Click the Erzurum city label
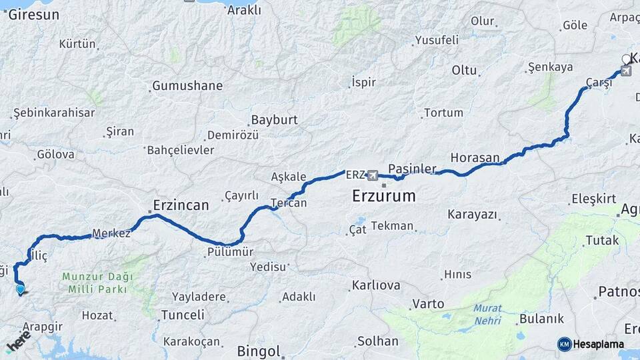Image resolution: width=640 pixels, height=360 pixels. pyautogui.click(x=383, y=197)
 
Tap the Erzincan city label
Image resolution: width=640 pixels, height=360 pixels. pyautogui.click(x=181, y=205)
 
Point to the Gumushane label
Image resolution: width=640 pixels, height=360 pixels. pyautogui.click(x=187, y=86)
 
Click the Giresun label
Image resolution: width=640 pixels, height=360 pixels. pyautogui.click(x=35, y=14)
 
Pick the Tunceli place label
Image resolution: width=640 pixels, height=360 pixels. pyautogui.click(x=183, y=315)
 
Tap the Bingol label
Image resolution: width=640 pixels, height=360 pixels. pyautogui.click(x=259, y=351)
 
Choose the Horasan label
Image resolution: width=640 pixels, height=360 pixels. pyautogui.click(x=475, y=158)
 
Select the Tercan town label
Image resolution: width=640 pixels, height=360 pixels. pyautogui.click(x=289, y=203)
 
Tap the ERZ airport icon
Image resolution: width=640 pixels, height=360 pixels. pyautogui.click(x=372, y=175)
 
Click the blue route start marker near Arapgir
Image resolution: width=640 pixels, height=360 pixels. pyautogui.click(x=21, y=289)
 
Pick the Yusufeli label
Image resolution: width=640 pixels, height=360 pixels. pyautogui.click(x=437, y=40)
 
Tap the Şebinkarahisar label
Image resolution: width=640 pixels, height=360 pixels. pyautogui.click(x=54, y=113)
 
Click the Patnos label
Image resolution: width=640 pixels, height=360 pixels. pyautogui.click(x=619, y=291)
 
